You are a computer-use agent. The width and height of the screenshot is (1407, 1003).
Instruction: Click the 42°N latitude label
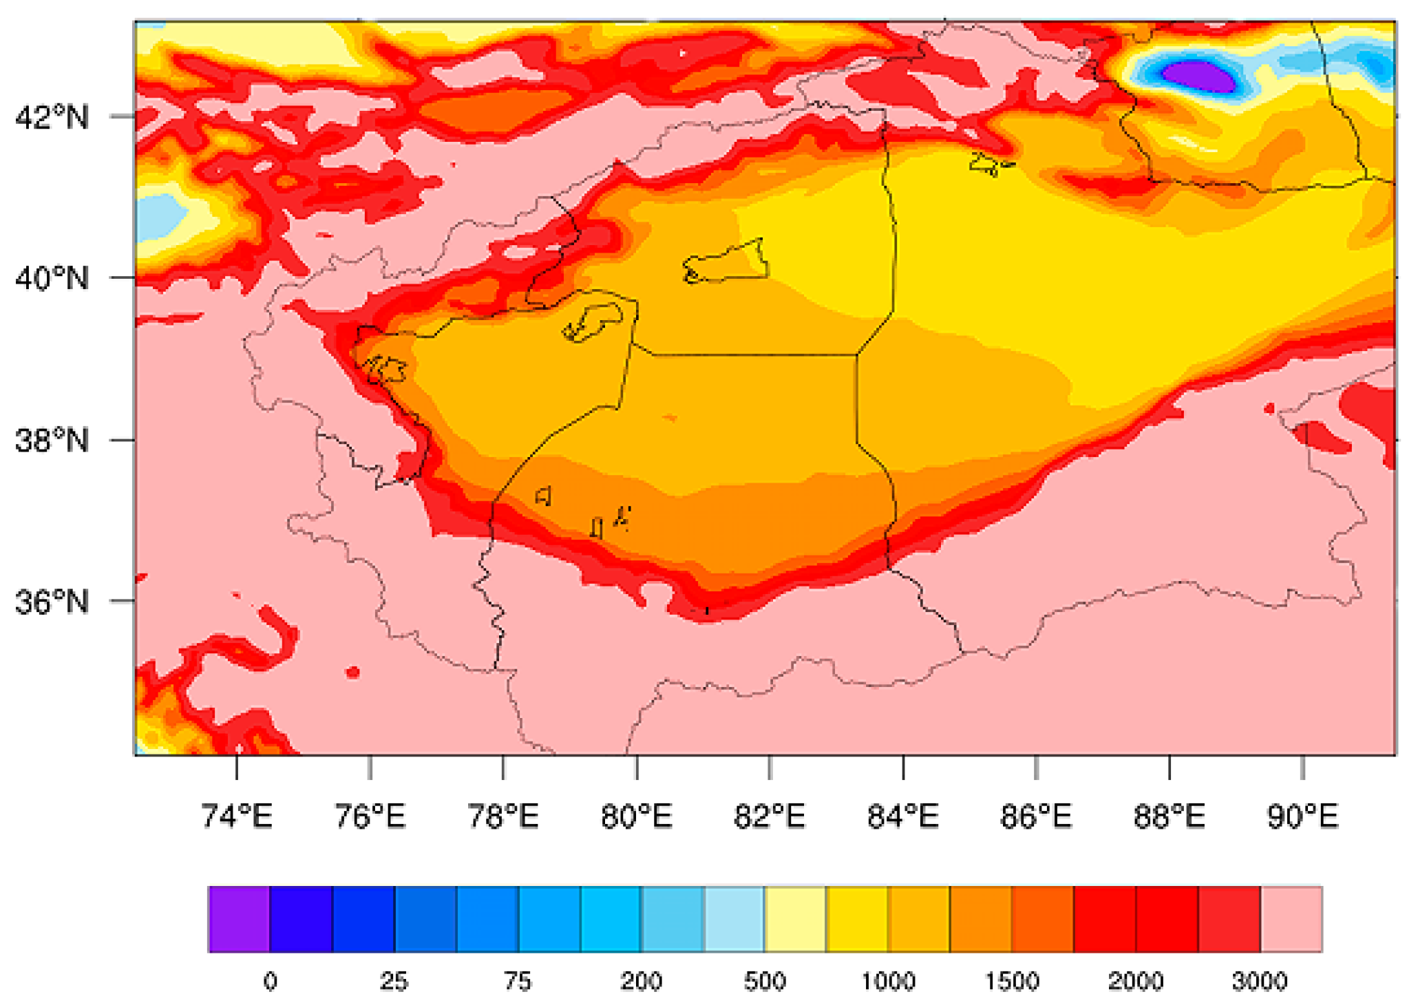[x=52, y=117]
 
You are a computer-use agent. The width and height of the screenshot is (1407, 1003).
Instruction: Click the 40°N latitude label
[x=52, y=279]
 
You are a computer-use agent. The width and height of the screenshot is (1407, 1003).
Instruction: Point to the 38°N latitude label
[x=52, y=440]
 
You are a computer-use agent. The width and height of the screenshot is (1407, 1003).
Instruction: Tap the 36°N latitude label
[x=52, y=602]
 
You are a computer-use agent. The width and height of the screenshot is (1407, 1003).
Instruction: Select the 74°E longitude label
[x=237, y=816]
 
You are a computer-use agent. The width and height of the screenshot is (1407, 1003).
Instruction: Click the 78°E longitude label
[x=503, y=816]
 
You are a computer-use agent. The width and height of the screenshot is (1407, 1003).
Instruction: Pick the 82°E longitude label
[x=770, y=816]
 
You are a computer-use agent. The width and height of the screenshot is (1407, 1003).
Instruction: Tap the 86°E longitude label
[x=1036, y=816]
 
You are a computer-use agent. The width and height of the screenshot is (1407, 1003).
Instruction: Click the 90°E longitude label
[x=1302, y=816]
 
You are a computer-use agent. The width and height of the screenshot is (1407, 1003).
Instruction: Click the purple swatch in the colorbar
[x=239, y=919]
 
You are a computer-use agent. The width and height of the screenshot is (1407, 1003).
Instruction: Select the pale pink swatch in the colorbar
[x=1291, y=919]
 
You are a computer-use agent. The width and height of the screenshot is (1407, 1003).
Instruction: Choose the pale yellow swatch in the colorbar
[x=795, y=919]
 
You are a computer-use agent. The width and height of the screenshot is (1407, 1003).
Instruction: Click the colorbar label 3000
[x=1260, y=981]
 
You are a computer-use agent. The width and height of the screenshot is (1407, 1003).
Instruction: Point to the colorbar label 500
[x=765, y=981]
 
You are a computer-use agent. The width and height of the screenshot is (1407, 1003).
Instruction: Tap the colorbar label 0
[x=271, y=981]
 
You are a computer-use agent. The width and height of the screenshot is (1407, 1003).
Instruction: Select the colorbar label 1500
[x=1012, y=981]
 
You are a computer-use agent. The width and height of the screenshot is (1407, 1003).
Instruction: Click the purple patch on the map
[x=1198, y=75]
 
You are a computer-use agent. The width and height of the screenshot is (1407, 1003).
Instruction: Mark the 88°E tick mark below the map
[x=1170, y=767]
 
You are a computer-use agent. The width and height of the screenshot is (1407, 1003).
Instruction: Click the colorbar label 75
[x=518, y=981]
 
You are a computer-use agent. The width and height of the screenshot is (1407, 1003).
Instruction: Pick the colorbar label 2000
[x=1136, y=981]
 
